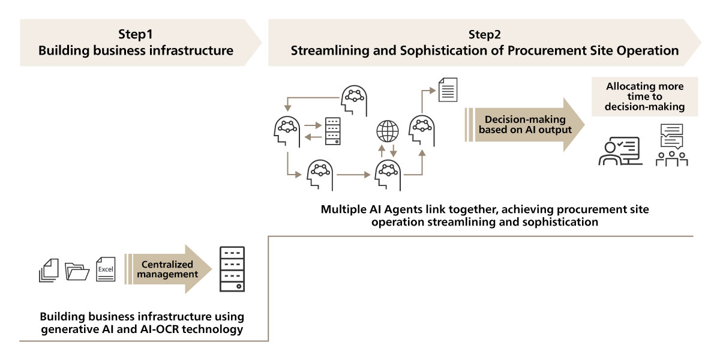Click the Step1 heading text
click(136, 34)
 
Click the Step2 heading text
click(484, 34)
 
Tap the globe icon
click(388, 131)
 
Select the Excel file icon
click(106, 269)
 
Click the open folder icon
click(77, 272)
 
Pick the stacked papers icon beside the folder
click(49, 271)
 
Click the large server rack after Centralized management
click(232, 269)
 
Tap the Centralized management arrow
click(168, 269)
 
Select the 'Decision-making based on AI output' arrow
click(524, 125)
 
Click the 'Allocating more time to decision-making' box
click(645, 97)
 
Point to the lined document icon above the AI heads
click(448, 89)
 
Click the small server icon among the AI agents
click(332, 131)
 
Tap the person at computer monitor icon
click(620, 151)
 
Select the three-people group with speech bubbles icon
click(672, 145)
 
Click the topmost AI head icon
click(354, 100)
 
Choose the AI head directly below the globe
click(388, 175)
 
